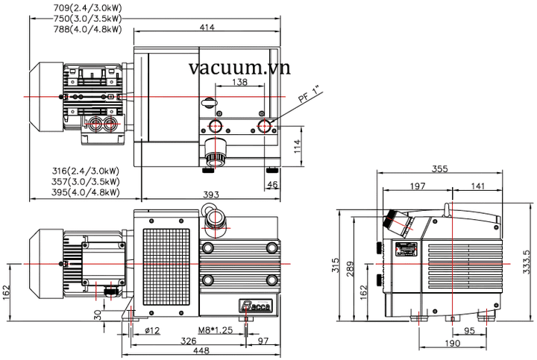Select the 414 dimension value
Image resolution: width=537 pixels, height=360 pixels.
[207, 28]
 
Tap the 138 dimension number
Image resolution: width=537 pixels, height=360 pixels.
[240, 82]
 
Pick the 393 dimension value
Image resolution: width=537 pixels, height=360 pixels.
[211, 195]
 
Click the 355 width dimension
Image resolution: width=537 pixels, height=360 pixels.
[439, 169]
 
